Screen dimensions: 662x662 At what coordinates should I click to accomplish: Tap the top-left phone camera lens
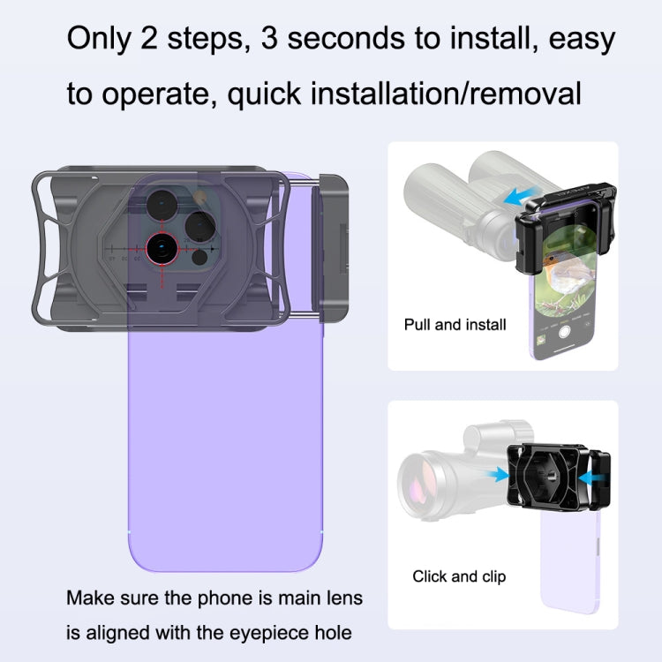coord(162,205)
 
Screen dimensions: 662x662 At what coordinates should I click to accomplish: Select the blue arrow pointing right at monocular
coord(500,475)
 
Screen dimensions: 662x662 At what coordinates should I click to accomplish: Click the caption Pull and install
coord(455,325)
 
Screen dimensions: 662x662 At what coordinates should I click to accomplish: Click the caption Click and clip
coord(459,577)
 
